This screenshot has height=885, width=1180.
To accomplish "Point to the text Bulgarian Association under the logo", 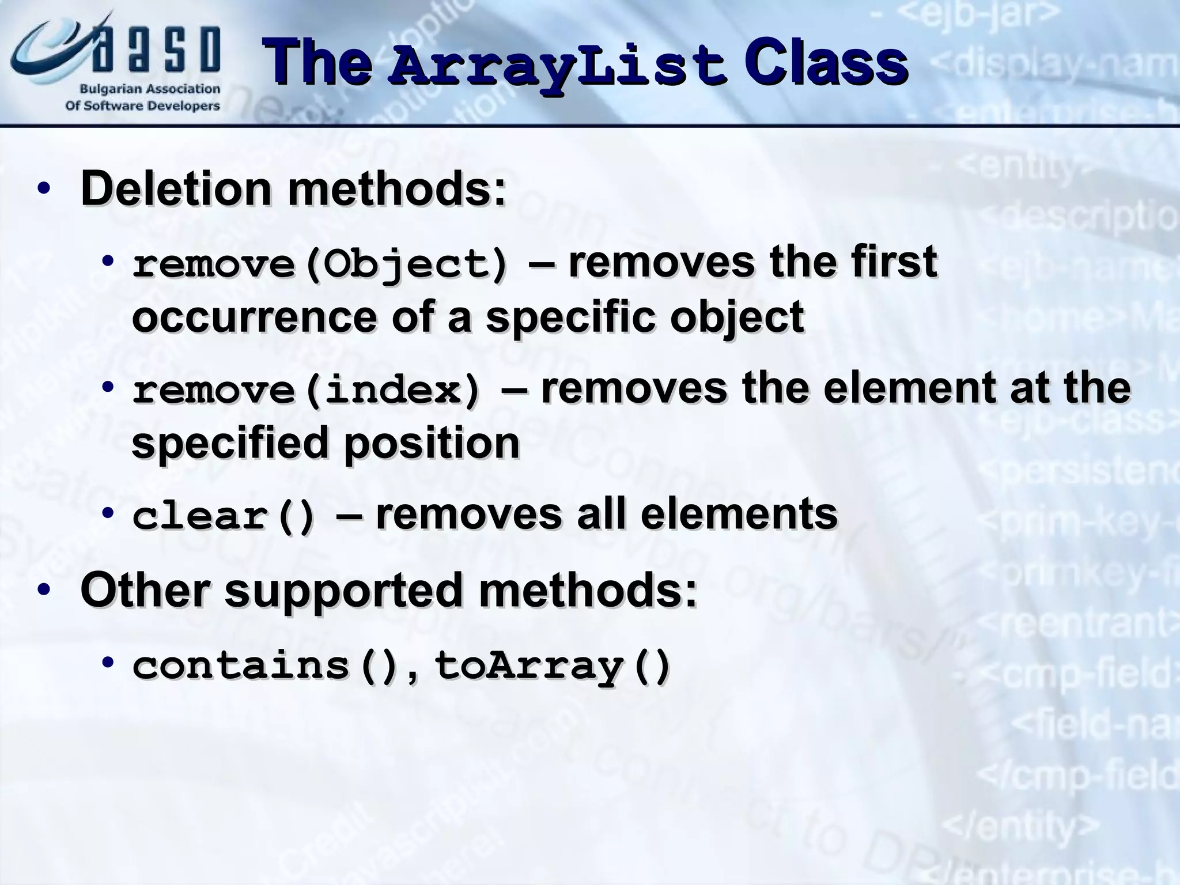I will click(150, 89).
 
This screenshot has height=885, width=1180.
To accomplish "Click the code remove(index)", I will click(306, 391).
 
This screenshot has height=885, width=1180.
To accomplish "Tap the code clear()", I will click(224, 516).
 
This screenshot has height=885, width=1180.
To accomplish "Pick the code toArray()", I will click(552, 666).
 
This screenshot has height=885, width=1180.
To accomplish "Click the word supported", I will click(343, 590).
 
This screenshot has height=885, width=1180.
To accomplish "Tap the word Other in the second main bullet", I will click(143, 590).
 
